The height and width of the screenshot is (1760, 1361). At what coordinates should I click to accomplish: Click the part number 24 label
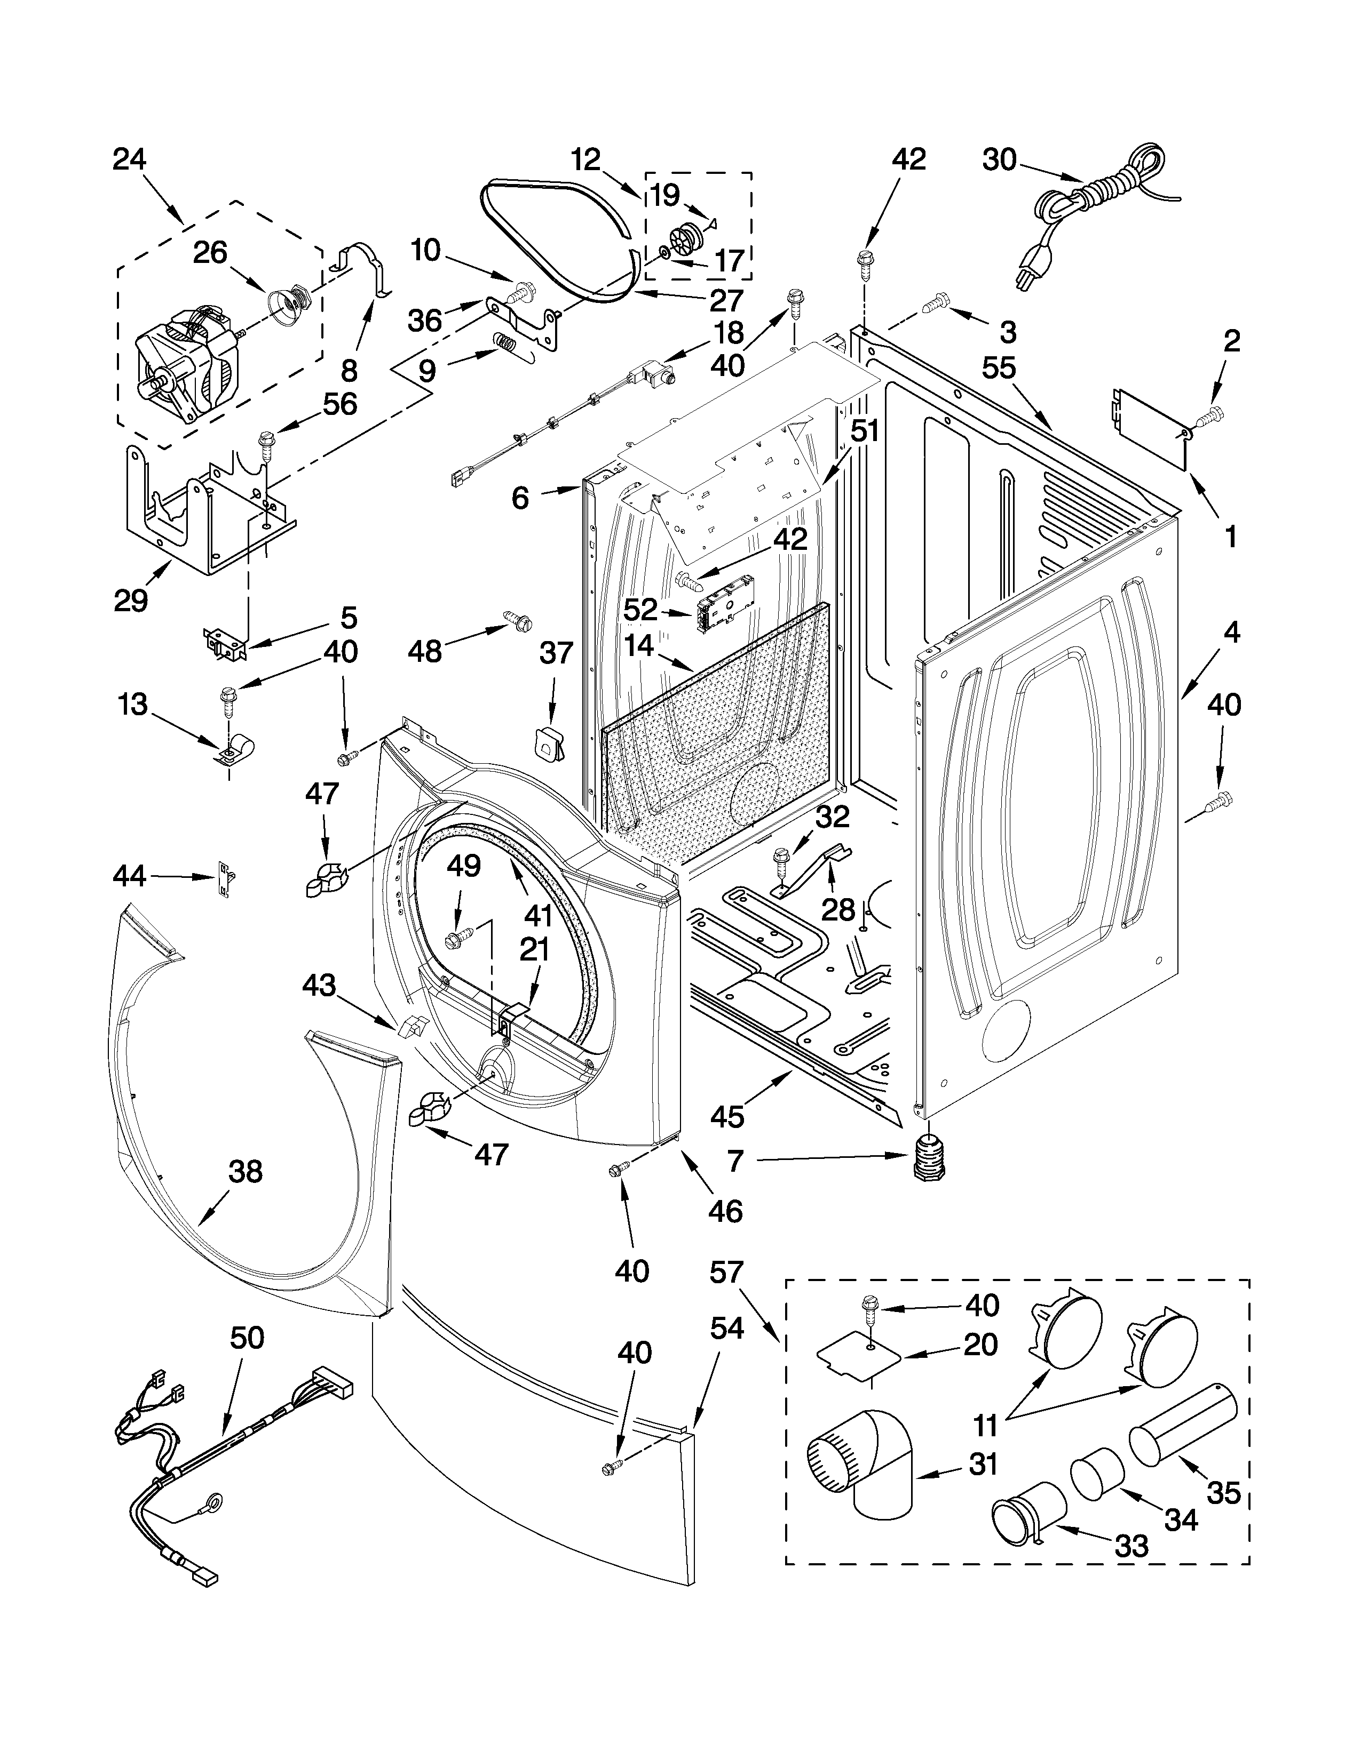pos(129,159)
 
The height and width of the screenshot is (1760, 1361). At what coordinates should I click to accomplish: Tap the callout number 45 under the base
pos(727,1116)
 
